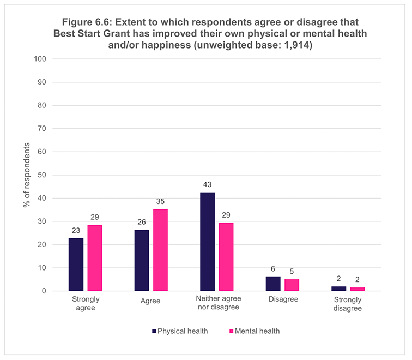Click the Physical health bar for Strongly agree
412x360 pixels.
click(76, 265)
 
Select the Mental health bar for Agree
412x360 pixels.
click(160, 250)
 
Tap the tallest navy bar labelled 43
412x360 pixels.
click(208, 242)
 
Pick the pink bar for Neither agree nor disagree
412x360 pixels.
click(226, 257)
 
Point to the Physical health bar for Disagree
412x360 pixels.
click(273, 284)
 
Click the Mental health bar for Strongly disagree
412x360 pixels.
click(358, 289)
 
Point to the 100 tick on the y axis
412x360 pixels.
click(39, 59)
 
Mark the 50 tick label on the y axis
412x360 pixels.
click(41, 175)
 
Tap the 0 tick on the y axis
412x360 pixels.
click(44, 291)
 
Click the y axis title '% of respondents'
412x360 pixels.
click(26, 175)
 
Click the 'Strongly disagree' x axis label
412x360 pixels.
click(348, 304)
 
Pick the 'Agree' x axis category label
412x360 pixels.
click(149, 300)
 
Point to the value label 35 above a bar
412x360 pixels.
click(160, 201)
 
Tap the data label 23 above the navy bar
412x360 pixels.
click(76, 230)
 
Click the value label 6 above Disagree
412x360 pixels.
click(273, 269)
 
